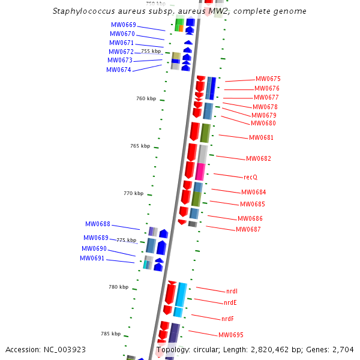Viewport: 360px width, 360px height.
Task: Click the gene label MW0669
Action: (123, 25)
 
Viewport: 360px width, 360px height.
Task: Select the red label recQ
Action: (250, 177)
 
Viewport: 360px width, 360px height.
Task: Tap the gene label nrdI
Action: (232, 291)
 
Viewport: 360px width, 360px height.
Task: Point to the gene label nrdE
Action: (230, 303)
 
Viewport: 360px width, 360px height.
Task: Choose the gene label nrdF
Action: (227, 319)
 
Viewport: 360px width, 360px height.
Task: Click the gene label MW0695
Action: (231, 335)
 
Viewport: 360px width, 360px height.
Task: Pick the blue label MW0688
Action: (97, 224)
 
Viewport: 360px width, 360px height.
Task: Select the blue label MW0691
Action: (92, 258)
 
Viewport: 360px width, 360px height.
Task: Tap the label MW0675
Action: (268, 79)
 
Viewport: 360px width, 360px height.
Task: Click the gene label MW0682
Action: (259, 158)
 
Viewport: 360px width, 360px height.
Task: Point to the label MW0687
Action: (248, 229)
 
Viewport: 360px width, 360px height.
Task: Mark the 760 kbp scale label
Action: (146, 98)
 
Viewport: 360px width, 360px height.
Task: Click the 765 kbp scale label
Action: (140, 146)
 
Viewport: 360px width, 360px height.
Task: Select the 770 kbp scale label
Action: (133, 193)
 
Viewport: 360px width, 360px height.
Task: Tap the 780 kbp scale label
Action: (118, 287)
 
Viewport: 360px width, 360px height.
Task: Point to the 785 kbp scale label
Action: (110, 334)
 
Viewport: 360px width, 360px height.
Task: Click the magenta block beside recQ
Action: (200, 172)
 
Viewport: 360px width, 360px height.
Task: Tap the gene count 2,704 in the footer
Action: (342, 349)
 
